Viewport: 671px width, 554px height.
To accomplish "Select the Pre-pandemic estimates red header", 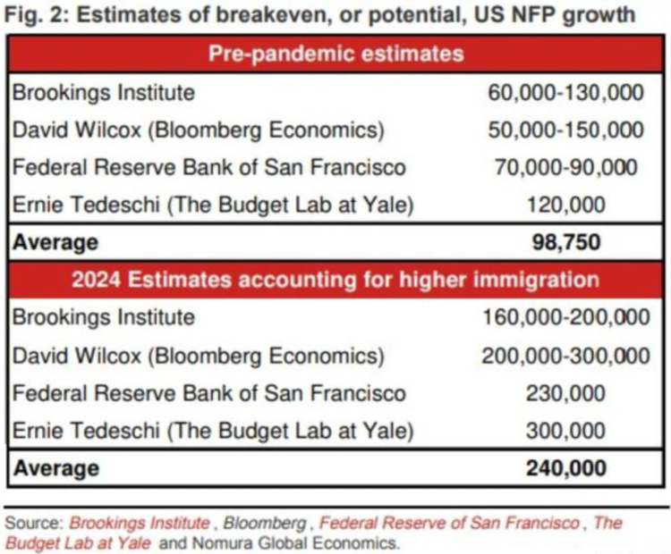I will [x=335, y=54].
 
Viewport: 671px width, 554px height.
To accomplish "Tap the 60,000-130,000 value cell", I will [x=565, y=92].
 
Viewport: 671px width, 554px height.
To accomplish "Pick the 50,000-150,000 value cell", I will [x=565, y=130].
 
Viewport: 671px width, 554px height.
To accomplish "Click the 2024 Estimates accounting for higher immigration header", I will [x=335, y=280].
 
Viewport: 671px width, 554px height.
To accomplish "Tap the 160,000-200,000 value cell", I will [x=565, y=317].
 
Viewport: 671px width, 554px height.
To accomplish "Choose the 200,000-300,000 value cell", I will [x=565, y=355].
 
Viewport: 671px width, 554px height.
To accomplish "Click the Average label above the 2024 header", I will [x=55, y=242].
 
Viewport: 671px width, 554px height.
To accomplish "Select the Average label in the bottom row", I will [x=55, y=467].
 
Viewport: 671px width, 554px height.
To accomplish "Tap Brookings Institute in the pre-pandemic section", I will [x=103, y=92].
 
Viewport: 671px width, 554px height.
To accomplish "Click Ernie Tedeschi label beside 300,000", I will [x=213, y=430].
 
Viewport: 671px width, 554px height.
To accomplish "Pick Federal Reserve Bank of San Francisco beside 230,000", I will [x=208, y=392].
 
